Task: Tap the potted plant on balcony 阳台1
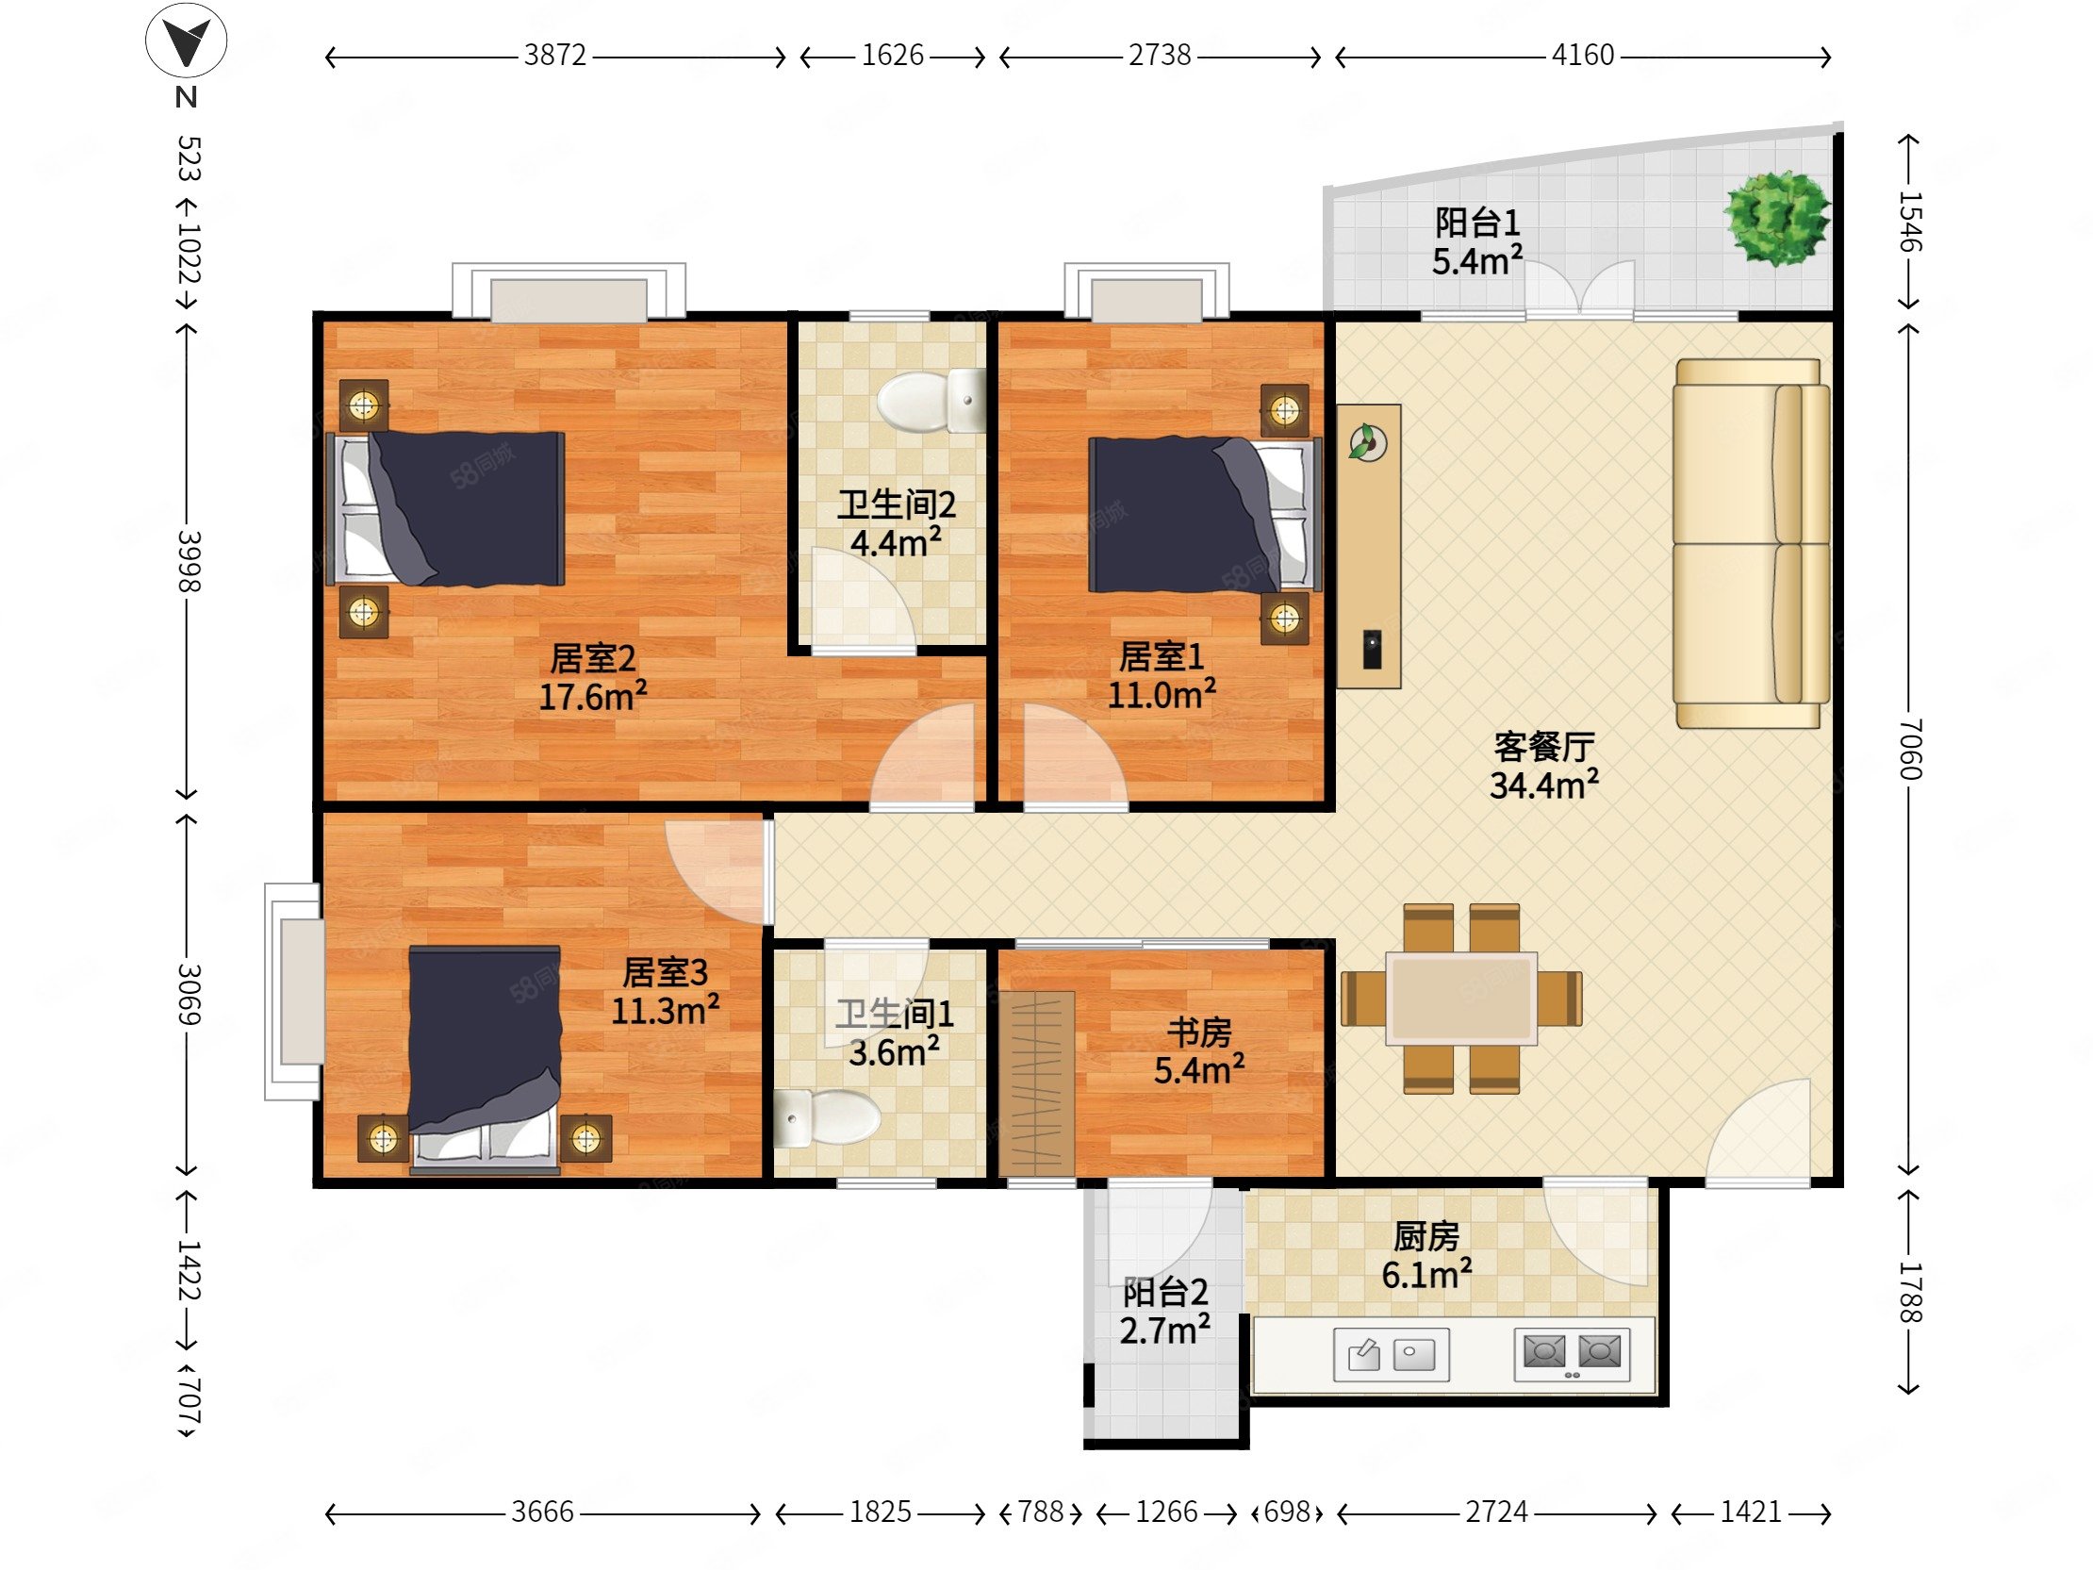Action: pyautogui.click(x=1777, y=218)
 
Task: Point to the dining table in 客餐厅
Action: pyautogui.click(x=1461, y=999)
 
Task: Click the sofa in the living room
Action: pyautogui.click(x=1752, y=543)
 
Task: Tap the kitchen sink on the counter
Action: pyautogui.click(x=1391, y=1354)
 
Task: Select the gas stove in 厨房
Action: pyautogui.click(x=1572, y=1353)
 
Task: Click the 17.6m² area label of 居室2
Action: pyautogui.click(x=593, y=697)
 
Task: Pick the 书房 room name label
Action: pyautogui.click(x=1199, y=1032)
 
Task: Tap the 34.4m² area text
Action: pyautogui.click(x=1544, y=785)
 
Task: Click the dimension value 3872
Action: pyautogui.click(x=555, y=55)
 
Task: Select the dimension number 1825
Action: pyautogui.click(x=880, y=1512)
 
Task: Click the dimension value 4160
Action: pyautogui.click(x=1583, y=55)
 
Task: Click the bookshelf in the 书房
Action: pyautogui.click(x=1037, y=1083)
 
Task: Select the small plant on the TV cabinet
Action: pyautogui.click(x=1368, y=443)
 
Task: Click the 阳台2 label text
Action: pyautogui.click(x=1164, y=1292)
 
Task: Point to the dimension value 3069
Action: pyautogui.click(x=189, y=995)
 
